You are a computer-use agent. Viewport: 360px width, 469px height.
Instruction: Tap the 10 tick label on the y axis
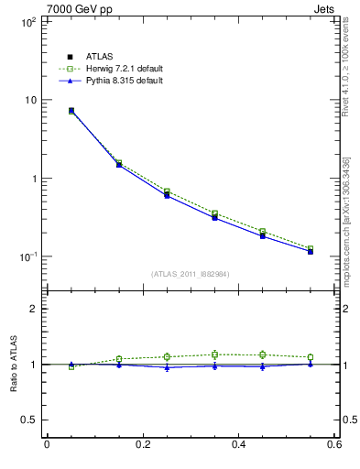(29, 100)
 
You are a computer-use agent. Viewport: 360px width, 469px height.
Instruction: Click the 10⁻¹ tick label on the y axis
(26, 256)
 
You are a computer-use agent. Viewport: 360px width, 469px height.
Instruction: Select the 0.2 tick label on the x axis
(142, 445)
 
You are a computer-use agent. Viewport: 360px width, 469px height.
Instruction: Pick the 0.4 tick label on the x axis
(238, 445)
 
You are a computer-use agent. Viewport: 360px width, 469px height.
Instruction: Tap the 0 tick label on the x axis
(47, 445)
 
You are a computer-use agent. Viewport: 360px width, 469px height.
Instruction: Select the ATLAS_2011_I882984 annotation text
(190, 274)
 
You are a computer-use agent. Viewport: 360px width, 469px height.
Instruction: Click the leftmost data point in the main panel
(71, 111)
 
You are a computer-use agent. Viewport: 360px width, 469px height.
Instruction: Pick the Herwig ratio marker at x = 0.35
(214, 354)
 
